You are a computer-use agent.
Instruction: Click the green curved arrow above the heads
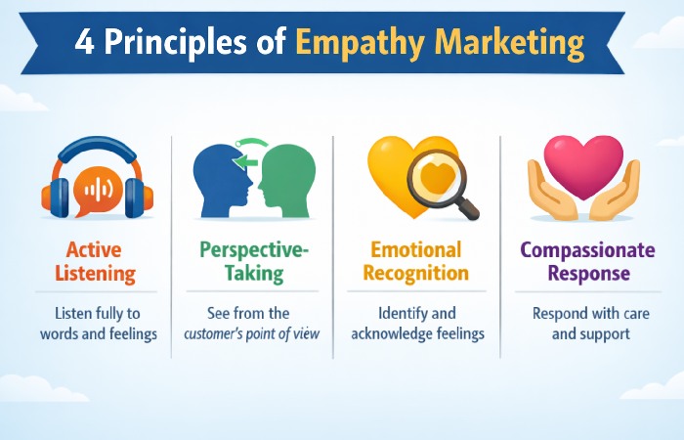tap(253, 147)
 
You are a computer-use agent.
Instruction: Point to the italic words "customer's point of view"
tap(253, 335)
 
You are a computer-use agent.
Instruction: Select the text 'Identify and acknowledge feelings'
tap(416, 324)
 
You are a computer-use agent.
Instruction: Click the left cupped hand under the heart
tap(547, 196)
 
